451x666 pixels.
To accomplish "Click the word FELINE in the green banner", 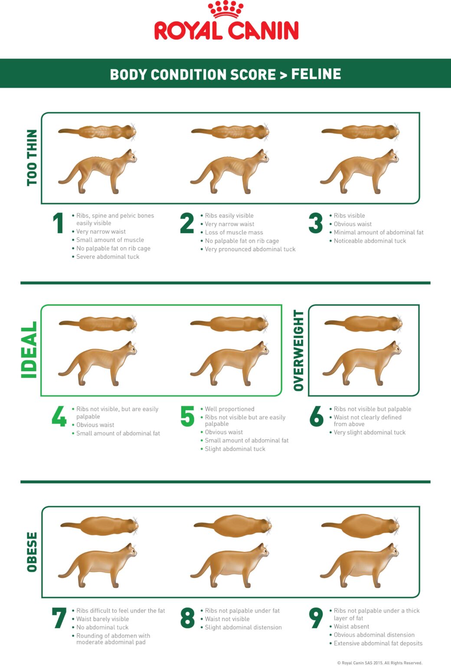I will pyautogui.click(x=316, y=74).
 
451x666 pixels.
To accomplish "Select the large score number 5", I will pyautogui.click(x=187, y=416).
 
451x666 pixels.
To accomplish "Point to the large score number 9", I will pyautogui.click(x=316, y=618).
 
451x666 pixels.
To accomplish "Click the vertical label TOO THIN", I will pyautogui.click(x=32, y=158).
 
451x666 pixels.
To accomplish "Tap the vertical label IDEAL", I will pyautogui.click(x=29, y=350).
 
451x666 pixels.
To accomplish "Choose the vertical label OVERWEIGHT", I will pyautogui.click(x=299, y=350).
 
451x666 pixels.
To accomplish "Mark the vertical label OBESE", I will pyautogui.click(x=32, y=552).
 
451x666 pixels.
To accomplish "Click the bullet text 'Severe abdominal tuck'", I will pyautogui.click(x=108, y=257).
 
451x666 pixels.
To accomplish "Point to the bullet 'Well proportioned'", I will pyautogui.click(x=229, y=409).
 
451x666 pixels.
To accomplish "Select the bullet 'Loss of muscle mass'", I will pyautogui.click(x=234, y=232).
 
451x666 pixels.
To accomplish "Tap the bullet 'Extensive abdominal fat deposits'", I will pyautogui.click(x=378, y=643).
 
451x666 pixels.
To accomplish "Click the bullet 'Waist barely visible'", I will pyautogui.click(x=102, y=619).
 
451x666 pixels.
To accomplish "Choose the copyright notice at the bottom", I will pyautogui.click(x=379, y=663).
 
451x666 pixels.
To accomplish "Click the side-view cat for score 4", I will pyautogui.click(x=98, y=364).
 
